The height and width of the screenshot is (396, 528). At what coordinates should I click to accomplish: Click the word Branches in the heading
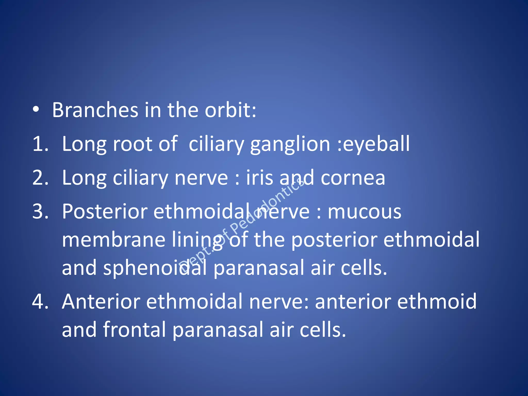pyautogui.click(x=95, y=110)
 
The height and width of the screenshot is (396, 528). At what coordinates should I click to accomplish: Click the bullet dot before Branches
pyautogui.click(x=36, y=110)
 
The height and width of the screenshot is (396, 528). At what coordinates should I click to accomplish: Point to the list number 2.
pyautogui.click(x=40, y=178)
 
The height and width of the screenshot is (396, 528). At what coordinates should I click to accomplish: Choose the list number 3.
pyautogui.click(x=40, y=212)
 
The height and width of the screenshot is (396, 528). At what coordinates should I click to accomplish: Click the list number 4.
pyautogui.click(x=40, y=302)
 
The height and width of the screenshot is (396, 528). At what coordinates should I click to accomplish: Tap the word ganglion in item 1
pyautogui.click(x=290, y=144)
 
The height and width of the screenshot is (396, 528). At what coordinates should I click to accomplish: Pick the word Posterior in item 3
pyautogui.click(x=105, y=212)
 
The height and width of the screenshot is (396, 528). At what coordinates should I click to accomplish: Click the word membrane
pyautogui.click(x=113, y=240)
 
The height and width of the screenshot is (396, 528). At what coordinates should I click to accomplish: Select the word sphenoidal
pyautogui.click(x=155, y=268)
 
